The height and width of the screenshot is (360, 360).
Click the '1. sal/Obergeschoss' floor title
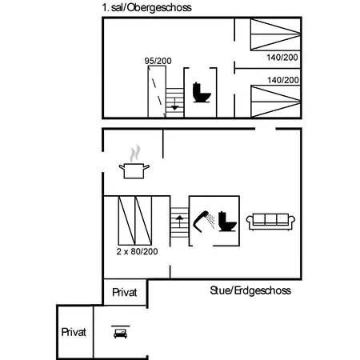pos(146,8)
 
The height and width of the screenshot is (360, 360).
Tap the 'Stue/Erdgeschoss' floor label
pos(250,290)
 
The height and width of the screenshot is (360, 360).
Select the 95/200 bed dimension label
pos(158,61)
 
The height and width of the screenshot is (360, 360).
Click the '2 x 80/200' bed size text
pos(137,251)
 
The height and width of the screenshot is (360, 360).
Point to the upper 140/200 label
pos(282,58)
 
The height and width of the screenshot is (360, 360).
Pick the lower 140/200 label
pos(283,80)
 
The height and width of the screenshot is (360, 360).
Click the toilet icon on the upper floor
pos(202,93)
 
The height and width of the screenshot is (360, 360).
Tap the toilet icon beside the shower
pos(227,221)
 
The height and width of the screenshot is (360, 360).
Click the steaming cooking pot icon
pos(134,162)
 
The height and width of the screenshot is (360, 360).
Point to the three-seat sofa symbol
pos(270,222)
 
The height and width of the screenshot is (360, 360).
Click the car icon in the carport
pos(121,332)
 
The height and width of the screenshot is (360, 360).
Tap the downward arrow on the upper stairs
pos(174,104)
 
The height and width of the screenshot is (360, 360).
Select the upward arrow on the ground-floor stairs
pos(179,221)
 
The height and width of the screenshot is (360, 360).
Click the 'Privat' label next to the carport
pos(74,332)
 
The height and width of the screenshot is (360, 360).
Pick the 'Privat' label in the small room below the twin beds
pos(125,293)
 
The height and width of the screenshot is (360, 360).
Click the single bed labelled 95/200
pos(157,91)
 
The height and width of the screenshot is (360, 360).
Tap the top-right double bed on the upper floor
pos(276,34)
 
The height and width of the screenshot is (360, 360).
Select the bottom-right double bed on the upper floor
pos(276,102)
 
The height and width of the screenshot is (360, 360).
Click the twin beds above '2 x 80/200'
pos(135,221)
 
